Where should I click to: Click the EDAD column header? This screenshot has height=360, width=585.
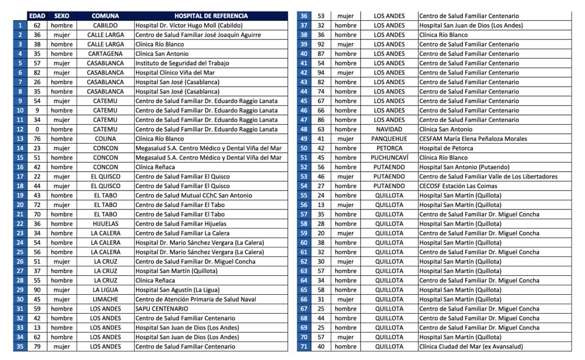[37, 16]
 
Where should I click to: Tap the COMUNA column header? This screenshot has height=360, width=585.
[105, 16]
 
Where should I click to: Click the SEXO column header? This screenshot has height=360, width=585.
[62, 16]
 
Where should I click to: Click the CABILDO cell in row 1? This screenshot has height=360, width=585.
[105, 26]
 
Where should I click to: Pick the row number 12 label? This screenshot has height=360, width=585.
[20, 129]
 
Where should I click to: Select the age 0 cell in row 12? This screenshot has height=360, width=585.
[37, 129]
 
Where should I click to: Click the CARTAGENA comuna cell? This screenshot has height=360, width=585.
[105, 54]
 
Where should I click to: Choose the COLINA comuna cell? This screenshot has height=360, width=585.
[105, 139]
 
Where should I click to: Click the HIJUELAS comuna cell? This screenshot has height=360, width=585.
[105, 224]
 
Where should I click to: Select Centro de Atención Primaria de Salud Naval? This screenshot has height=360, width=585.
[196, 299]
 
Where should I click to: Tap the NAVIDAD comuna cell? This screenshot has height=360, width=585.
[389, 129]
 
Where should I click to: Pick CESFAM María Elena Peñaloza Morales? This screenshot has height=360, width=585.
[473, 139]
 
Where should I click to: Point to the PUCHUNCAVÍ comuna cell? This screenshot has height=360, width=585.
[389, 158]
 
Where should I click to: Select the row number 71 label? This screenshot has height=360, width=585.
[303, 347]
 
